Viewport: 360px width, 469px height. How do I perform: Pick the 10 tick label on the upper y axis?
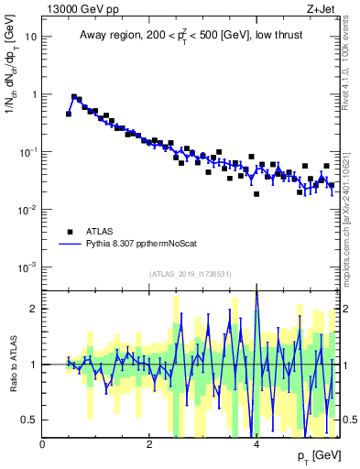31,38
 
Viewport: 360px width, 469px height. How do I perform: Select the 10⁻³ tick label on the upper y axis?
29,267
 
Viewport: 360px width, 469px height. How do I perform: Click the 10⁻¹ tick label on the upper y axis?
29,152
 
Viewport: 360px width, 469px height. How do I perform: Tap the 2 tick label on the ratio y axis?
33,309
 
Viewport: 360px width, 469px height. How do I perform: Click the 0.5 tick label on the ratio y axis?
29,420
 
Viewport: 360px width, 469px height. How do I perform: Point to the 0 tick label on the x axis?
43,444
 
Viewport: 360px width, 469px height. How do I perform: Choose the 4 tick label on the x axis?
256,444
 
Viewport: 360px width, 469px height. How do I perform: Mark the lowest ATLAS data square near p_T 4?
256,194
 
